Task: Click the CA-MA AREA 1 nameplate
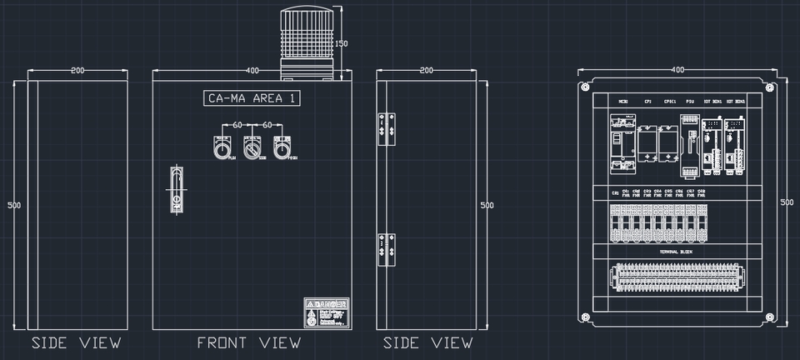(x=252, y=98)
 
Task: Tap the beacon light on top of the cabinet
(x=312, y=42)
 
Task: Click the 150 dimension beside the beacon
(x=341, y=43)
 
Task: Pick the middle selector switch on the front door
(x=253, y=147)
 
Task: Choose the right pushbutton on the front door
(x=284, y=147)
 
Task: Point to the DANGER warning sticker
(x=327, y=313)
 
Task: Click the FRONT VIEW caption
(x=248, y=342)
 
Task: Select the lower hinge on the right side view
(x=385, y=249)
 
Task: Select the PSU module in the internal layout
(x=690, y=147)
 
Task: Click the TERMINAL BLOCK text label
(x=676, y=251)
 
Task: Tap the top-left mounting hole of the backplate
(x=585, y=86)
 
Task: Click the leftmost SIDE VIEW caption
(x=77, y=342)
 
